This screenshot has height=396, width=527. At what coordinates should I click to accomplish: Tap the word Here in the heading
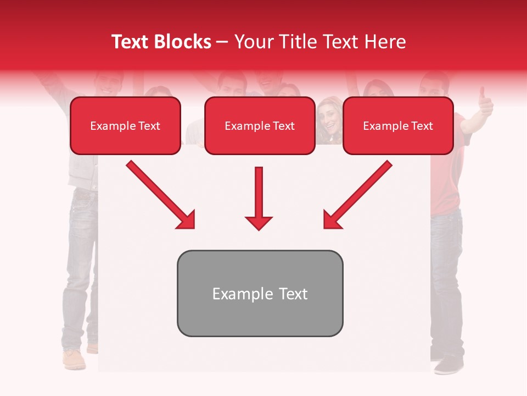(x=385, y=42)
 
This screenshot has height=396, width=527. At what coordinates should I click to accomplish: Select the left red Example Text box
(x=125, y=126)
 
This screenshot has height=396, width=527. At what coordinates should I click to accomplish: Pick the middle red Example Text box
(x=260, y=126)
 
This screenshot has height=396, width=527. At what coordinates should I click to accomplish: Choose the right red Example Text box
(x=398, y=126)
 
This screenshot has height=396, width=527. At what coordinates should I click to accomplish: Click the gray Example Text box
(x=260, y=293)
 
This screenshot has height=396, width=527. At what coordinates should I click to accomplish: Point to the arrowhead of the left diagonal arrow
(x=187, y=221)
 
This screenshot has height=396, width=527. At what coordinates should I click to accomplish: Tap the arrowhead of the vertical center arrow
(x=259, y=223)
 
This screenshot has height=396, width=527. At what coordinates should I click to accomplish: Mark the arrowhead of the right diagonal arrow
(x=332, y=221)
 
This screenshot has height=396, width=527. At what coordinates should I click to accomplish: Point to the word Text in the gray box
(x=293, y=294)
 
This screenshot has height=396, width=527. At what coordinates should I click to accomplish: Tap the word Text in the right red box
(x=422, y=126)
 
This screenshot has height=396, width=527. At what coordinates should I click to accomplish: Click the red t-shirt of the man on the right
(x=445, y=187)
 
